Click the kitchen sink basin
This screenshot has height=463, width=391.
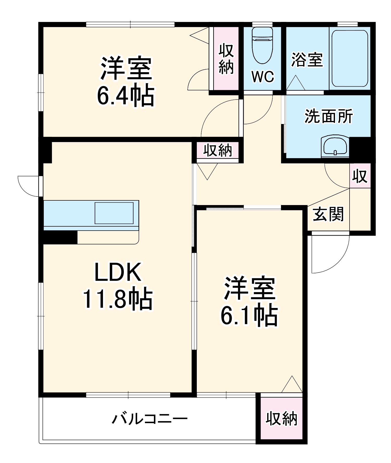pyautogui.click(x=114, y=213)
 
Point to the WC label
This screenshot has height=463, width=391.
pyautogui.click(x=262, y=77)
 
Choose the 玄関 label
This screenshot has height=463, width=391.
pyautogui.click(x=328, y=214)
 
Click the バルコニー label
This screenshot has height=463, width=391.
pyautogui.click(x=150, y=419)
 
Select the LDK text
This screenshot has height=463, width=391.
pyautogui.click(x=118, y=273)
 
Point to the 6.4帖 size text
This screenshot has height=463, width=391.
pyautogui.click(x=126, y=95)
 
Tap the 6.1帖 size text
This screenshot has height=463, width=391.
pyautogui.click(x=249, y=315)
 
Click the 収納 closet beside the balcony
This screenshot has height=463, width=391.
pyautogui.click(x=282, y=419)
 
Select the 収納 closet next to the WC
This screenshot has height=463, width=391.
pyautogui.click(x=226, y=59)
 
